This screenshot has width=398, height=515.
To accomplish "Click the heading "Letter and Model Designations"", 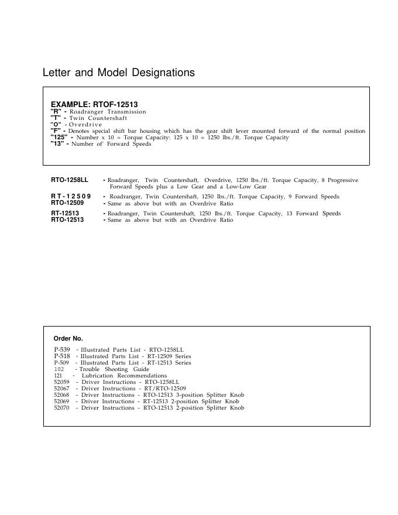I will [119, 73].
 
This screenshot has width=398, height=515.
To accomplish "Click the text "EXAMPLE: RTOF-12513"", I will [94, 104].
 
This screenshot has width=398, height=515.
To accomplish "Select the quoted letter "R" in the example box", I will [55, 111].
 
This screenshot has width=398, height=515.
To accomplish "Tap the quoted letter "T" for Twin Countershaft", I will [55, 118].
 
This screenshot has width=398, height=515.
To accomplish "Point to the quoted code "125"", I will [59, 137].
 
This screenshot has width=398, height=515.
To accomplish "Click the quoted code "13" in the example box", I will [57, 143].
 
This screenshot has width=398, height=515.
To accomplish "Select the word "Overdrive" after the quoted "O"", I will [85, 125].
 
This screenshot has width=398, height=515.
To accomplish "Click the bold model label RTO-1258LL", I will [70, 180].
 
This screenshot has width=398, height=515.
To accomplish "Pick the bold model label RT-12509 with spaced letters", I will [71, 196].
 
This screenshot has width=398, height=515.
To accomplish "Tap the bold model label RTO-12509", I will [67, 202].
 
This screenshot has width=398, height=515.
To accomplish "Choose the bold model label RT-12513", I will [65, 214].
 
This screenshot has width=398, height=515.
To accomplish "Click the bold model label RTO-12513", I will [67, 220].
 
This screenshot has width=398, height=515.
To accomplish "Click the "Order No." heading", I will [68, 338].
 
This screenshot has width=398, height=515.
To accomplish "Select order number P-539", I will [62, 349].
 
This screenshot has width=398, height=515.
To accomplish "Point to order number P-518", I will [62, 356].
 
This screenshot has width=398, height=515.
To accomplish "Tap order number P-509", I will [61, 363].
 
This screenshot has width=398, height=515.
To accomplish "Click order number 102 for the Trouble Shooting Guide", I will [59, 369].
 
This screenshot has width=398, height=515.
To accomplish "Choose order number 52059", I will [61, 382].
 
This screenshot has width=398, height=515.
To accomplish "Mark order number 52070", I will [61, 408].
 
